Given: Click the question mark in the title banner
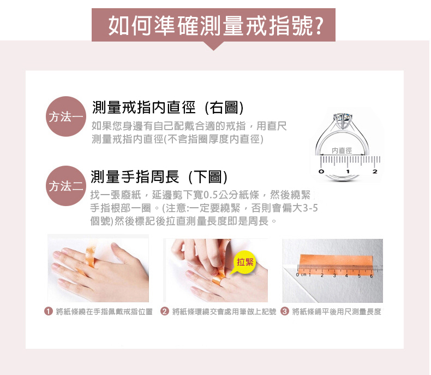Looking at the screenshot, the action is click(x=319, y=25).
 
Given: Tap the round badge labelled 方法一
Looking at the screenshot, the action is click(x=65, y=116).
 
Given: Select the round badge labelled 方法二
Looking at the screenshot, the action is click(x=65, y=186).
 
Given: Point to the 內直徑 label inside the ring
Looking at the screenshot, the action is click(x=342, y=151).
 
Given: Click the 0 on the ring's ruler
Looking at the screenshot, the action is click(x=321, y=172).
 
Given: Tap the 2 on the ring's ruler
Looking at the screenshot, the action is click(x=375, y=172).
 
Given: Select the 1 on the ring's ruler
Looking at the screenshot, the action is click(x=348, y=172).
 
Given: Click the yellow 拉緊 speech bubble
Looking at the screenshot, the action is click(x=245, y=262).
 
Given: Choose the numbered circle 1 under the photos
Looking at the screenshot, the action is click(x=49, y=312).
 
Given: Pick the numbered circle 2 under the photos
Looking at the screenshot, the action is click(x=164, y=312).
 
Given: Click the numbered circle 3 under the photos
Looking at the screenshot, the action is click(x=284, y=312).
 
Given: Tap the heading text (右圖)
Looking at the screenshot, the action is click(x=224, y=108).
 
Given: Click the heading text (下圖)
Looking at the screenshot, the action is click(x=208, y=177).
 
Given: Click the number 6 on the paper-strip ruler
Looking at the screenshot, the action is click(x=371, y=276).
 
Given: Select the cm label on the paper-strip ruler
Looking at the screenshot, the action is click(x=303, y=275).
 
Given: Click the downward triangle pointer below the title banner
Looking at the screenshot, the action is click(x=213, y=46).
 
